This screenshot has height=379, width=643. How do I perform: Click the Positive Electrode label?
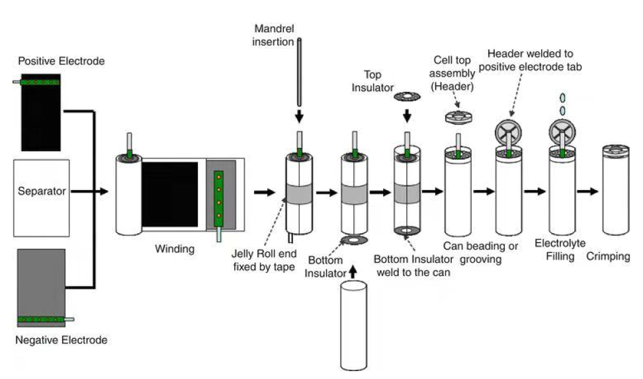click(61, 61)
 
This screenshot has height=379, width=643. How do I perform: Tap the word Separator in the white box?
click(42, 191)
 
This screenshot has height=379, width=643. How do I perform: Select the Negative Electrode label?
click(61, 339)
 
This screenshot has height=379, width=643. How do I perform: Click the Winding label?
click(175, 249)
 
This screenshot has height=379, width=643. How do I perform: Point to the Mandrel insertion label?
click(273, 35)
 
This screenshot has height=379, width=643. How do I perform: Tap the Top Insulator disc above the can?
click(407, 96)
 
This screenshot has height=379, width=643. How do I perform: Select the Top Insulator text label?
click(372, 81)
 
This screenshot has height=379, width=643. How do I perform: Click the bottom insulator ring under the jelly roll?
click(354, 240)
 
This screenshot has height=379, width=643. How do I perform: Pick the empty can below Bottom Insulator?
click(354, 326)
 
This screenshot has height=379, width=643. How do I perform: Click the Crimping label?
click(608, 257)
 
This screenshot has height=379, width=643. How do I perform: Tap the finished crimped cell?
click(616, 190)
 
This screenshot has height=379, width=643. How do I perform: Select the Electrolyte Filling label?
click(560, 250)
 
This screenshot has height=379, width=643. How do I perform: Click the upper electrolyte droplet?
click(562, 98)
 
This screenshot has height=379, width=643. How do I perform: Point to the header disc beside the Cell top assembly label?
click(458, 117)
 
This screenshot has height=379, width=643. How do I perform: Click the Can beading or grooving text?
click(481, 252)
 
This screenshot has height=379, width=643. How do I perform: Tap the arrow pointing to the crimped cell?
click(587, 191)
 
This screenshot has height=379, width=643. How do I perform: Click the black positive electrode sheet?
click(41, 112)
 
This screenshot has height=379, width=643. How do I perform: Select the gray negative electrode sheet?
click(41, 288)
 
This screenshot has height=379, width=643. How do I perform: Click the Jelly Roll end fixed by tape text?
click(264, 260)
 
